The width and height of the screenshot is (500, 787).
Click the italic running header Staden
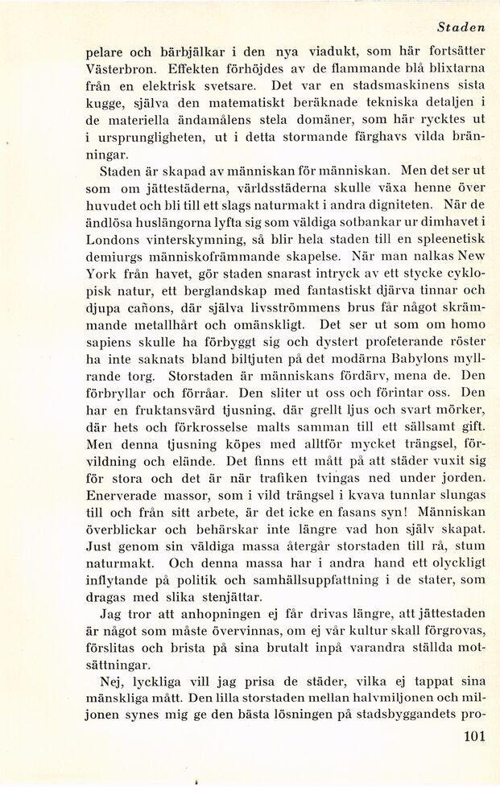pyautogui.click(x=461, y=27)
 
